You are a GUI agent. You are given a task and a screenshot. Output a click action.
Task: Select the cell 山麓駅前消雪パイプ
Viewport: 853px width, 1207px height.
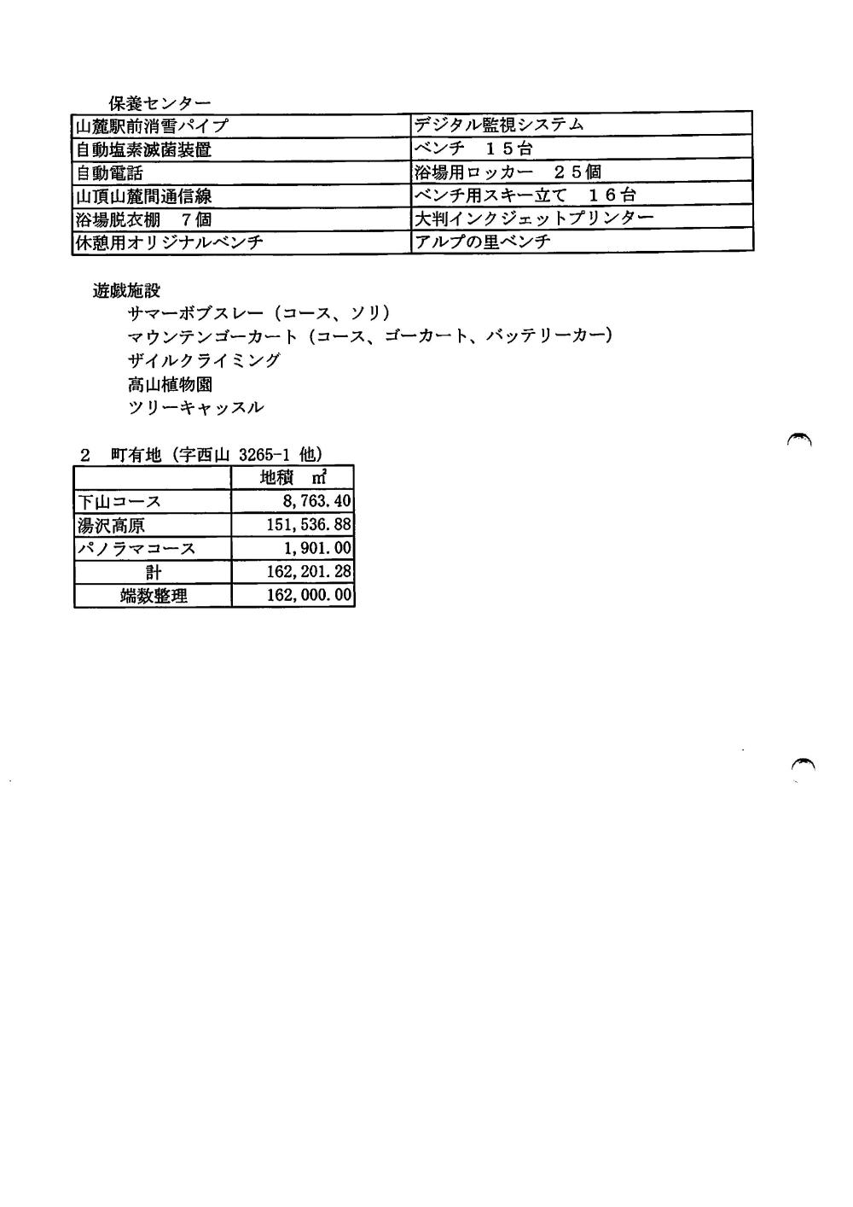(153, 125)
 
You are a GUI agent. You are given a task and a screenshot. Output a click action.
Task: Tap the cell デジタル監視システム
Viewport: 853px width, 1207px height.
(499, 125)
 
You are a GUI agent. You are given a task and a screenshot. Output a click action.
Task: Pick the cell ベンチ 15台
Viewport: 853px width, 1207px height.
(473, 149)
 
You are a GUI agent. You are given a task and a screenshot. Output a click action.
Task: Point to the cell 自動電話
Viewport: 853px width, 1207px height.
(110, 173)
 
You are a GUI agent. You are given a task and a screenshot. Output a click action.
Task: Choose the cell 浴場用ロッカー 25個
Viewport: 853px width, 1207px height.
(508, 172)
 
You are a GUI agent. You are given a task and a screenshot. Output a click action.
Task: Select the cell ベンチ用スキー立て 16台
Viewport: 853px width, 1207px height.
(525, 195)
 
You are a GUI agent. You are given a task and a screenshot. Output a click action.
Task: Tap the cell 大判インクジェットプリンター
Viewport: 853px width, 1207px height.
(534, 218)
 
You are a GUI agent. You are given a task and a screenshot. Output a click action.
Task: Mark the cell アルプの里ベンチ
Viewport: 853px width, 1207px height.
(482, 241)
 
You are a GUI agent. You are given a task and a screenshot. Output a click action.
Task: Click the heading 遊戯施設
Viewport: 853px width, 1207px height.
(126, 291)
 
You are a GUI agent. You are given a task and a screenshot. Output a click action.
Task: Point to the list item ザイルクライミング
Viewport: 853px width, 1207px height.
(204, 360)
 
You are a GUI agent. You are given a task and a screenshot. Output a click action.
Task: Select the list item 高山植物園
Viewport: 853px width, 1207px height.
(170, 384)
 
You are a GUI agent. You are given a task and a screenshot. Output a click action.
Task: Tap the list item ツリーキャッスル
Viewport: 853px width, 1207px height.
(195, 407)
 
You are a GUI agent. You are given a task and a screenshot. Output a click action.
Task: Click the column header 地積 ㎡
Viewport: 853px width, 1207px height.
(293, 477)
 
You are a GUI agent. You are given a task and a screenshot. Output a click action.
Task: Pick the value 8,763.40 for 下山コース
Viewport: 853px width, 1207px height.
(316, 501)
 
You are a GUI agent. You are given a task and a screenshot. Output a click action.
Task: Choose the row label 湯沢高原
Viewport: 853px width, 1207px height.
(111, 525)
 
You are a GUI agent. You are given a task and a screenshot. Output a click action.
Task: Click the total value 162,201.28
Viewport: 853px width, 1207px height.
(309, 571)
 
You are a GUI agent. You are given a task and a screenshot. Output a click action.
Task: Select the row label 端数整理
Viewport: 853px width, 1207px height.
(154, 595)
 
